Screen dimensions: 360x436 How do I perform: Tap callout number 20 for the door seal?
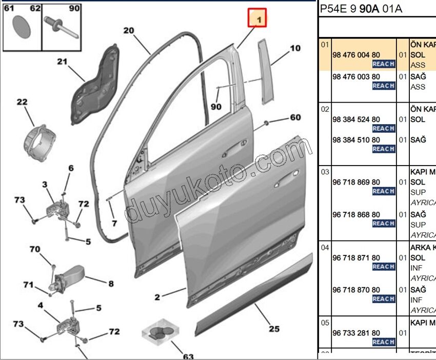tap(128, 31)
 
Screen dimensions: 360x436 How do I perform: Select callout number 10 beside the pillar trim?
tap(295, 49)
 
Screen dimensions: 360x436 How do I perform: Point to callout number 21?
tap(62, 62)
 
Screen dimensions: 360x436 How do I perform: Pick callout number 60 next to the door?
tap(295, 117)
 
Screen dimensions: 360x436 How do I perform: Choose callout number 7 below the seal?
tap(114, 224)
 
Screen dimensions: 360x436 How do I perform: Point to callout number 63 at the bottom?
tap(188, 356)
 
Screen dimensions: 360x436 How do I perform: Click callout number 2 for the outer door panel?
tap(157, 297)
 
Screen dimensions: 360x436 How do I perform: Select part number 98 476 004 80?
tap(356, 54)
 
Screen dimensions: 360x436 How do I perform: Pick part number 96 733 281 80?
tap(356, 333)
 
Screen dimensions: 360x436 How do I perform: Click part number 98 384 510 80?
tap(356, 140)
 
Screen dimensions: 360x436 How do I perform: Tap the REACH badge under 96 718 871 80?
tap(383, 267)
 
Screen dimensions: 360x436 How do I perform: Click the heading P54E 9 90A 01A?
tap(361, 9)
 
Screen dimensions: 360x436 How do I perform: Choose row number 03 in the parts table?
tap(325, 171)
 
